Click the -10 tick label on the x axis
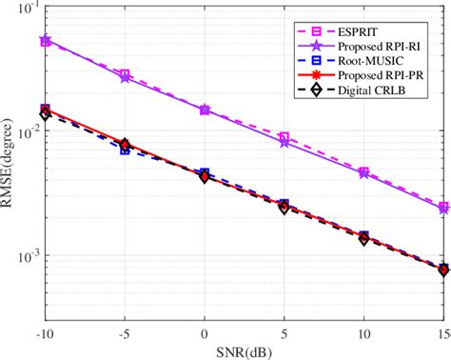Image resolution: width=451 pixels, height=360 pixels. tap(45, 325)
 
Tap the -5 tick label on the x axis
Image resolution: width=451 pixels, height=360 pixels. tap(124, 325)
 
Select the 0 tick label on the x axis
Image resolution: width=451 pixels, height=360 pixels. tap(204, 325)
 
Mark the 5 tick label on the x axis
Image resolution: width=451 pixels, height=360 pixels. tap(284, 325)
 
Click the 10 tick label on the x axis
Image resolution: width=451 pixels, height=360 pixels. tap(363, 325)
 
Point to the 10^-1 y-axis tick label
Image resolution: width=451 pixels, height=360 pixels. tap(27, 10)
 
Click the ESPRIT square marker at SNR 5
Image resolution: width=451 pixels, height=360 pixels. tap(284, 137)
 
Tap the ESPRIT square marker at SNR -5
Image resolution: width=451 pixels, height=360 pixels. tap(125, 74)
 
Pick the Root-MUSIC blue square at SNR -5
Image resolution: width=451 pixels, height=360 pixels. tap(125, 150)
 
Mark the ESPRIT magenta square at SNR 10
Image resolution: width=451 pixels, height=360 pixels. tap(363, 172)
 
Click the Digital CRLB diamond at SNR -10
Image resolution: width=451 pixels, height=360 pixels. tap(46, 114)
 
